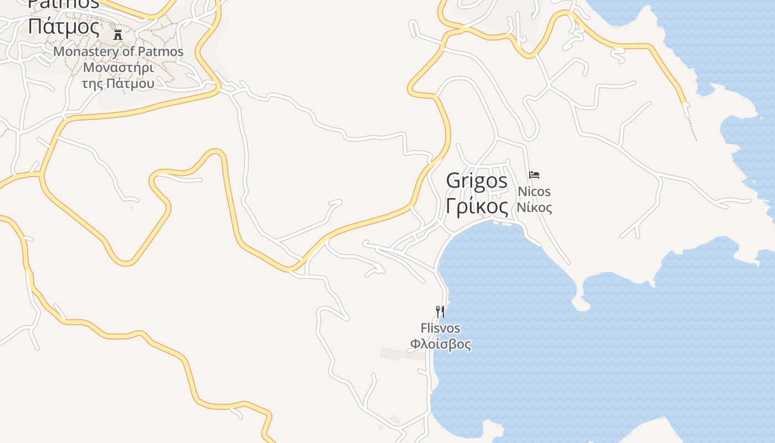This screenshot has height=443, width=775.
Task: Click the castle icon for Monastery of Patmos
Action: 118,35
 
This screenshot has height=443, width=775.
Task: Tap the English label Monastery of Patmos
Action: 118,51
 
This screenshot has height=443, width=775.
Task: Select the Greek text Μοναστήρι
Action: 118,68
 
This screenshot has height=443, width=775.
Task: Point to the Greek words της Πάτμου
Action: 118,84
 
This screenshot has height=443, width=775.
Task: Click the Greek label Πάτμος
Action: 64,26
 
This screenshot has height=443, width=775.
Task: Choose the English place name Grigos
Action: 477,181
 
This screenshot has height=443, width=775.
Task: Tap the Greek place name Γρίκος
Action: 477,207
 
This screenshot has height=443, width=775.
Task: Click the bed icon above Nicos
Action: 534,175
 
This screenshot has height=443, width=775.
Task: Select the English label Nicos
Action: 534,192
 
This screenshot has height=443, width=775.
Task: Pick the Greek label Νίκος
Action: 534,208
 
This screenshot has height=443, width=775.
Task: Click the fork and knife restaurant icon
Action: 440,311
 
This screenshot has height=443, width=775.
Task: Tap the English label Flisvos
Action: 440,328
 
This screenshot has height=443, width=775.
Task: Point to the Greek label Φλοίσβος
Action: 440,344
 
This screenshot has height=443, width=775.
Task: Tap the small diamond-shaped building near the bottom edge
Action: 395,420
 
